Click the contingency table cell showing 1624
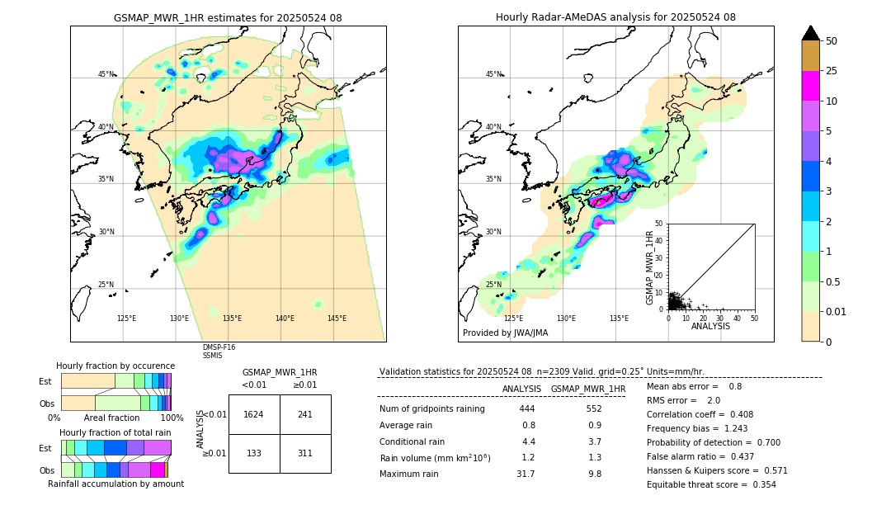coord(253,414)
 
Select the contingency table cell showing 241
coord(304,414)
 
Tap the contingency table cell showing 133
coord(253,453)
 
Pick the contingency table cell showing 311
coord(304,453)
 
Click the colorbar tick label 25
coord(832,71)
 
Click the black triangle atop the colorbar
coord(810,33)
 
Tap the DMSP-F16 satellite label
coord(219,347)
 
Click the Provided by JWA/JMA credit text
coord(505,333)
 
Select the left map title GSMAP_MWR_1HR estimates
coord(228,17)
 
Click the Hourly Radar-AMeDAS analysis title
coord(615,17)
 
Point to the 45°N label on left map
coord(106,74)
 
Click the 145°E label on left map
coord(337,319)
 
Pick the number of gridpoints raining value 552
coord(594,409)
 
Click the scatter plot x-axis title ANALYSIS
coord(710,326)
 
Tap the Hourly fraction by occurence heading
coord(115,366)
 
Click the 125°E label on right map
coord(513,319)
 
